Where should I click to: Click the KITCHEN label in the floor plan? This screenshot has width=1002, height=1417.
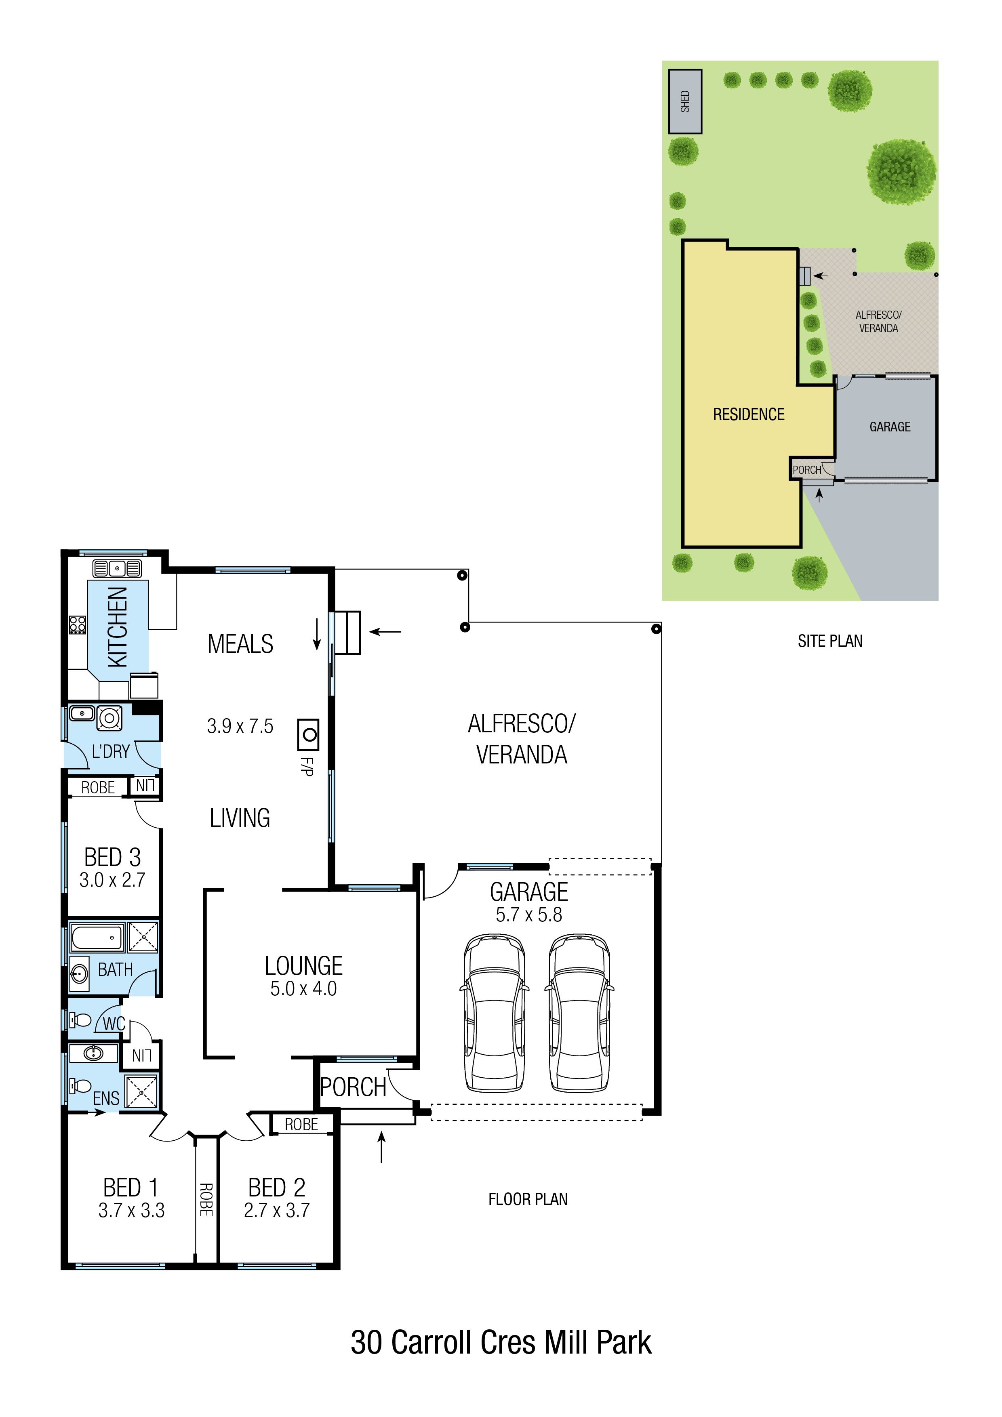[x=117, y=627]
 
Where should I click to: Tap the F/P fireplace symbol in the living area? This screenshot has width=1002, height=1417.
[x=308, y=734]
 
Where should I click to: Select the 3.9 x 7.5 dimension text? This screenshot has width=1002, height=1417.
[x=240, y=726]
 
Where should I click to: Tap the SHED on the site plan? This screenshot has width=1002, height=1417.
[x=685, y=101]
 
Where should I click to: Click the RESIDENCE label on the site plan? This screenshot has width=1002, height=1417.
[x=749, y=415]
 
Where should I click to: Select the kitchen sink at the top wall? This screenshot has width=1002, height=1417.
[x=117, y=568]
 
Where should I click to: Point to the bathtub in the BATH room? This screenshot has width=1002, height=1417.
[x=97, y=938]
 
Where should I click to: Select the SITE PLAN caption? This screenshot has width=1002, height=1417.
[x=830, y=641]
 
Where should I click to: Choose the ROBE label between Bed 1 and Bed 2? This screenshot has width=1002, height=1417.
[x=206, y=1200]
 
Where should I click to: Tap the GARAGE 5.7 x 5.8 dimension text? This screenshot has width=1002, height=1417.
[x=529, y=915]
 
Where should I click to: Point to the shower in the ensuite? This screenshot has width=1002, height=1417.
[x=141, y=1091]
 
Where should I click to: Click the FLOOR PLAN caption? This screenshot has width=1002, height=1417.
[x=528, y=1199]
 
